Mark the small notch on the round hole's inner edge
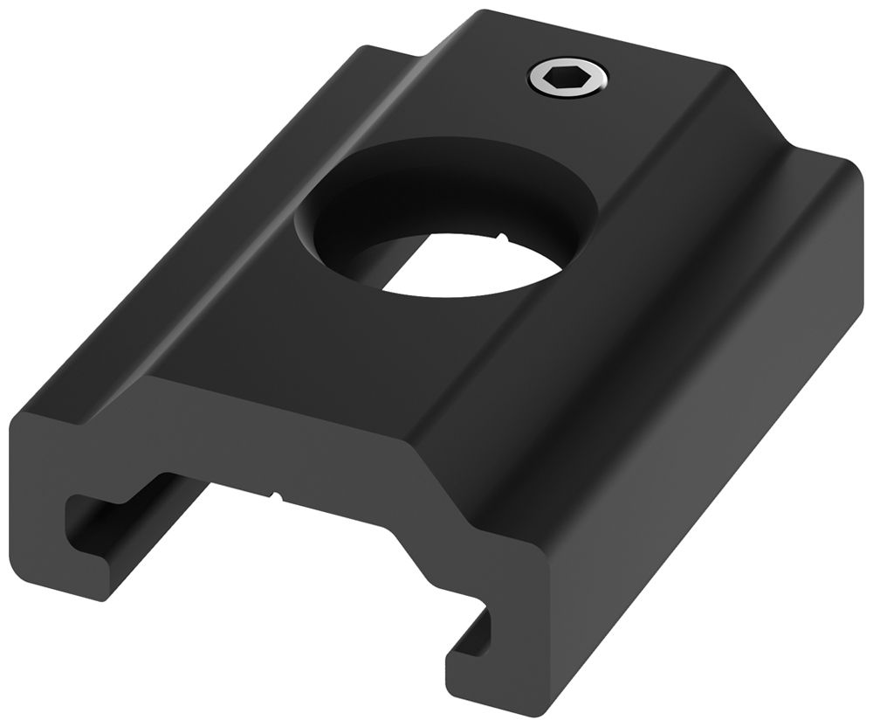pyautogui.click(x=504, y=235)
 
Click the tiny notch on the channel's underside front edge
pyautogui.click(x=278, y=499)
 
